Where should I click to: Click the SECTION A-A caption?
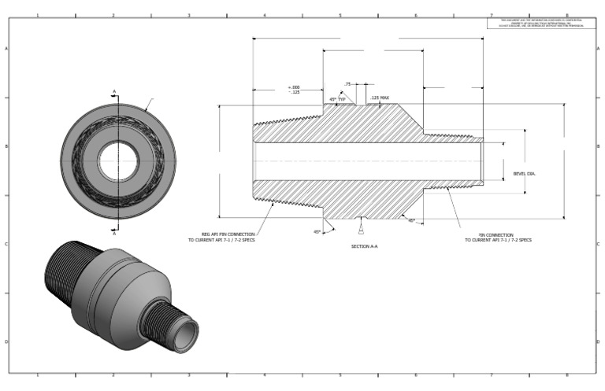pos(364,246)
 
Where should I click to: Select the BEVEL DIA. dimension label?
pos(524,173)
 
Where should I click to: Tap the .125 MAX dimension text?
pos(380,98)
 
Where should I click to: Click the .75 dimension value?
pos(347,83)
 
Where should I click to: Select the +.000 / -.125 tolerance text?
pos(294,89)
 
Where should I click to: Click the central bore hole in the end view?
pos(118,161)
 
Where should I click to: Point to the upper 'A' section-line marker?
pos(114,92)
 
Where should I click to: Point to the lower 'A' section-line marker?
pos(114,233)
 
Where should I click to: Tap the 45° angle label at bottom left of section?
pos(317,232)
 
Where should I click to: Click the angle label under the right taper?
pos(411,220)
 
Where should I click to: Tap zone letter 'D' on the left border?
pos(7,342)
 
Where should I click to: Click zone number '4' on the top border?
pos(264,15)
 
